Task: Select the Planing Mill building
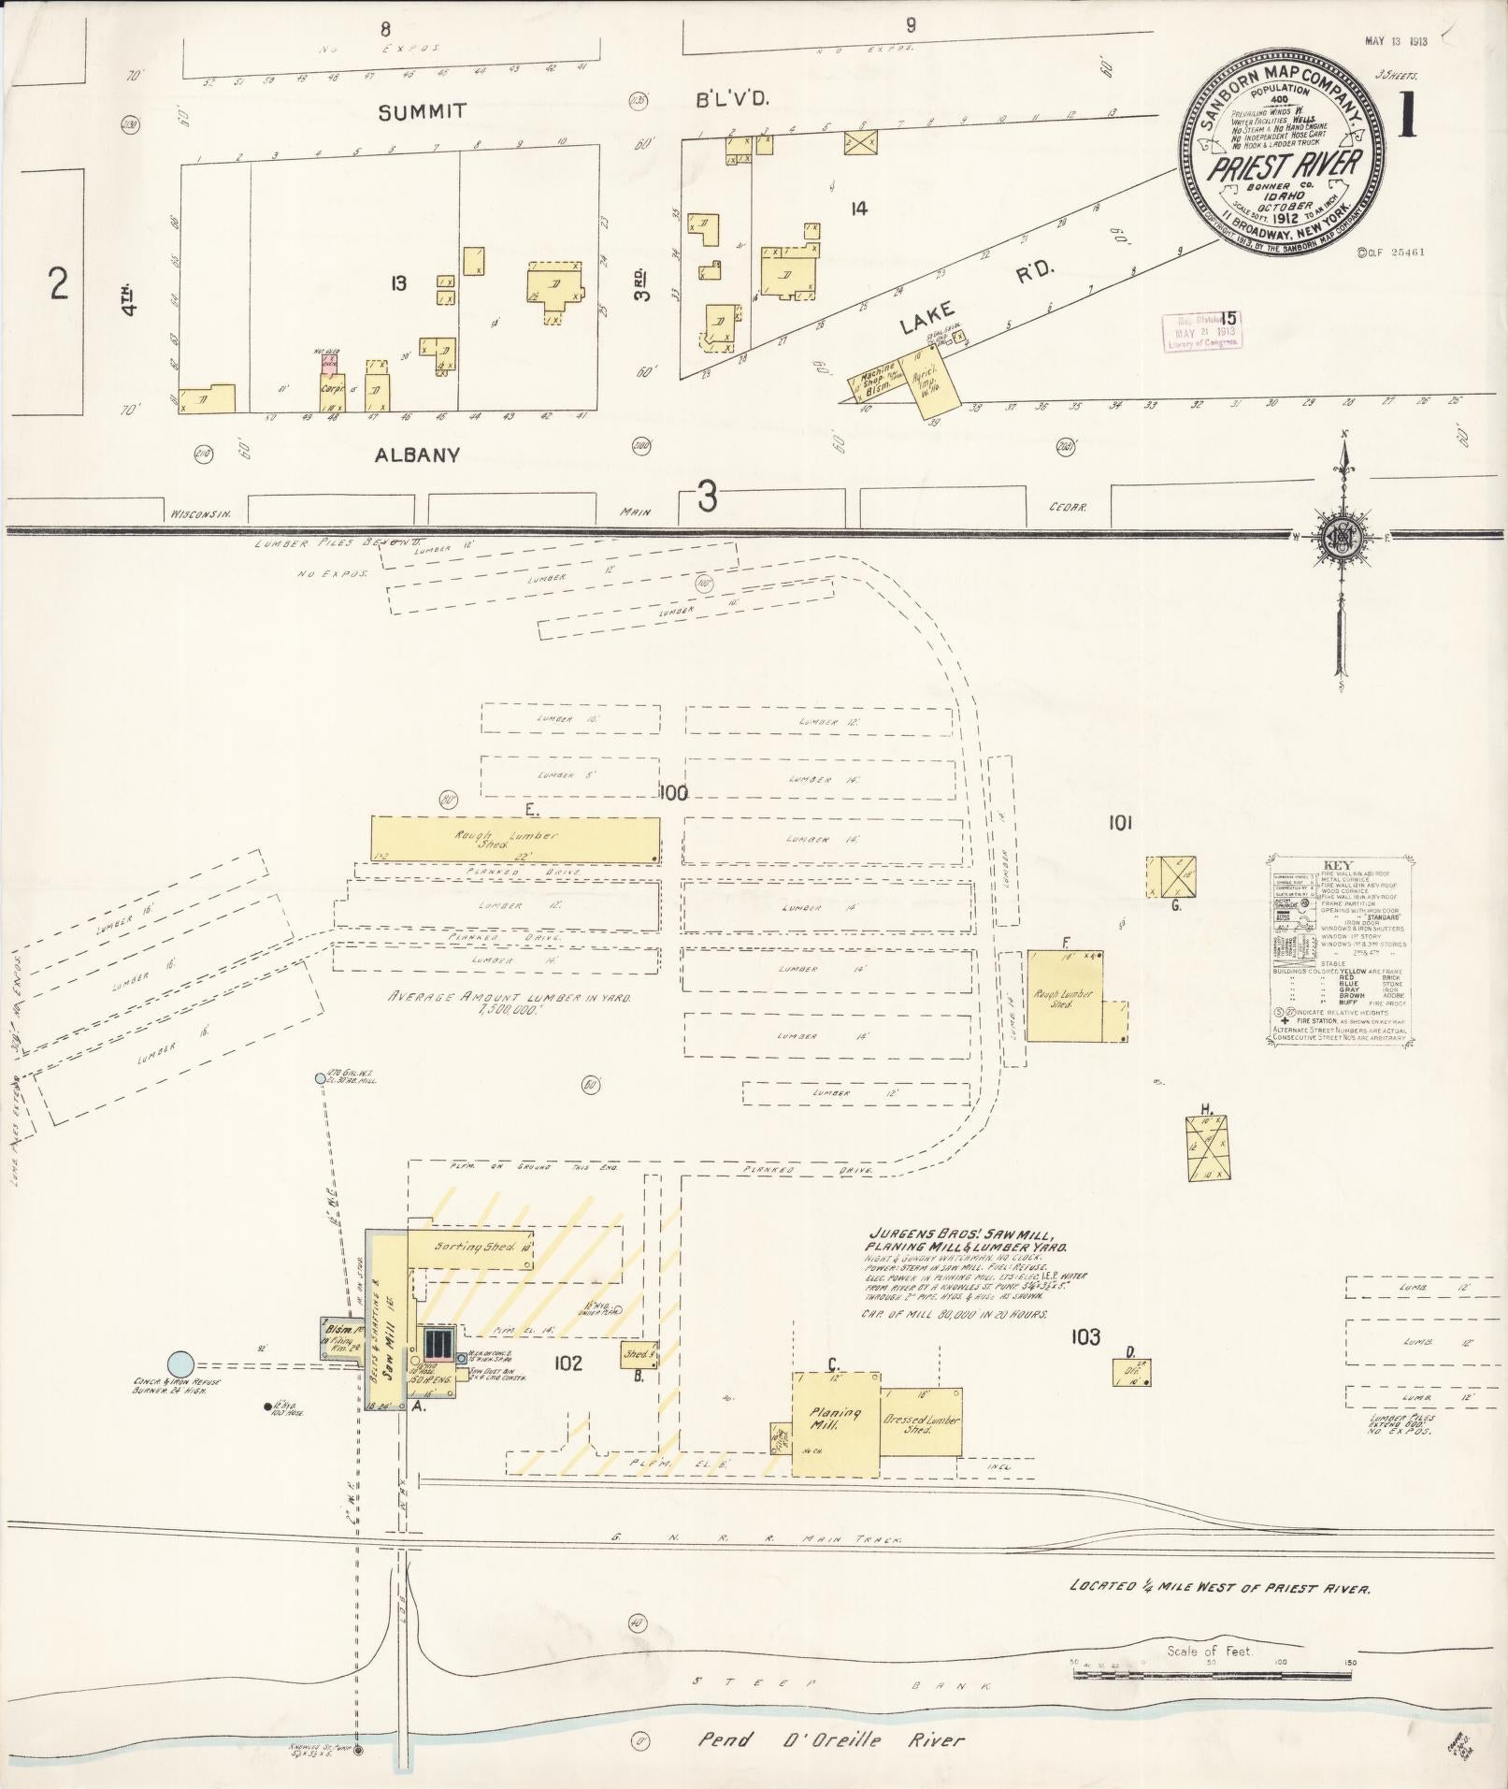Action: [x=836, y=1423]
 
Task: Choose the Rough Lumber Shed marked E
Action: [x=514, y=838]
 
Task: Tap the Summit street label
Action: [x=422, y=112]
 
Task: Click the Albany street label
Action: [x=417, y=455]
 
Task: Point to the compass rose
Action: [x=1343, y=536]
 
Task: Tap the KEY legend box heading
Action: [x=1339, y=865]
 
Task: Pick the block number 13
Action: [x=399, y=281]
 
